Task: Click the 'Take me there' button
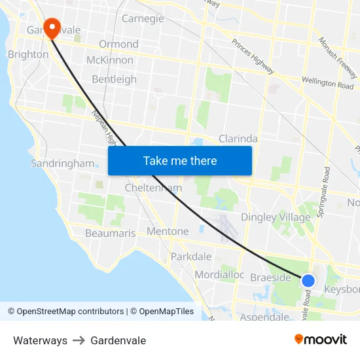point(180,160)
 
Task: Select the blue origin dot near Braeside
point(308,281)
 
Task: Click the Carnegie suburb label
point(143,18)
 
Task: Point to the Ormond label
point(118,45)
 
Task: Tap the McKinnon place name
point(109,60)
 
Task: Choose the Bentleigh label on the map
point(115,79)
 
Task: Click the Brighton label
point(27,54)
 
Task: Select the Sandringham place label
point(62,164)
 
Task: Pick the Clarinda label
point(238,139)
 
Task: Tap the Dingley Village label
point(276,217)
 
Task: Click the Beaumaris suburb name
point(110,233)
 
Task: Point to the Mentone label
point(168,231)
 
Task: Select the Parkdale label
point(191,257)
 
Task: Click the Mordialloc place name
point(219,275)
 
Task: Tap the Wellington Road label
point(327,82)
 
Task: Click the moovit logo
point(321,340)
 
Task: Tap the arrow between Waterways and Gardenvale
point(79,340)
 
